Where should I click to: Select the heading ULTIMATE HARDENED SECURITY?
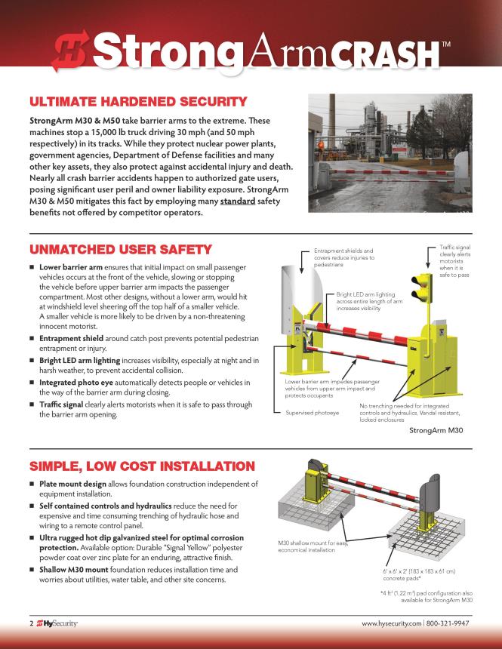[x=137, y=102]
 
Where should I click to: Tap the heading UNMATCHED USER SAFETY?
[x=120, y=249]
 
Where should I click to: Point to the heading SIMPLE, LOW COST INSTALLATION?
[x=141, y=465]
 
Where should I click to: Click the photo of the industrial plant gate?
[x=397, y=158]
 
